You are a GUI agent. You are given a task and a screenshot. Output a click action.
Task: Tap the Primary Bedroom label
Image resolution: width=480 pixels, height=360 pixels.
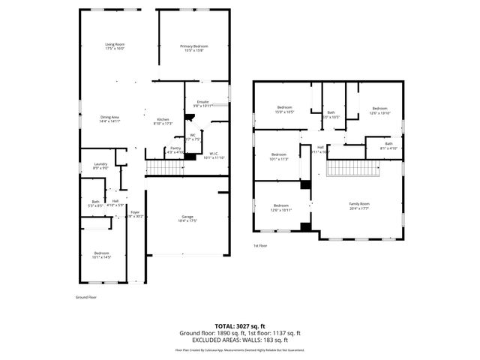[x=194, y=46]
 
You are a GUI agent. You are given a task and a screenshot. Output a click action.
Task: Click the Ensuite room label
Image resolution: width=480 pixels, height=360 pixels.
[x=202, y=102]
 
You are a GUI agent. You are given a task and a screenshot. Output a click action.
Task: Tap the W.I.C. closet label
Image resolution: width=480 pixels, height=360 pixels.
[x=214, y=154]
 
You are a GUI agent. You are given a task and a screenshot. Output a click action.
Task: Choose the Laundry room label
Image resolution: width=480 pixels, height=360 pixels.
[x=100, y=166]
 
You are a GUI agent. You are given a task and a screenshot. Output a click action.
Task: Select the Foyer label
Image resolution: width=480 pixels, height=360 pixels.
[x=135, y=214]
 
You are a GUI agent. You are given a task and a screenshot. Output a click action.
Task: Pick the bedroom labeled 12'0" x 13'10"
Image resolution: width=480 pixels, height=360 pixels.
[x=379, y=110]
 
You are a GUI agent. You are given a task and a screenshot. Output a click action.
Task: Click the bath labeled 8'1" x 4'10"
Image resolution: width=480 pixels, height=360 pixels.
[x=388, y=145]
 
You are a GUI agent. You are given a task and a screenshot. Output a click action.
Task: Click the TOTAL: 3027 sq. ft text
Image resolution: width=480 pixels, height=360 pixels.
[x=240, y=326]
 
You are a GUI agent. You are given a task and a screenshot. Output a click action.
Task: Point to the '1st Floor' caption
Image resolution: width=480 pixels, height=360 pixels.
[x=259, y=246]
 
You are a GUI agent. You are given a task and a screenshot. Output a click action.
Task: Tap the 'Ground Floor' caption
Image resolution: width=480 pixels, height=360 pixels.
[x=86, y=297]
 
